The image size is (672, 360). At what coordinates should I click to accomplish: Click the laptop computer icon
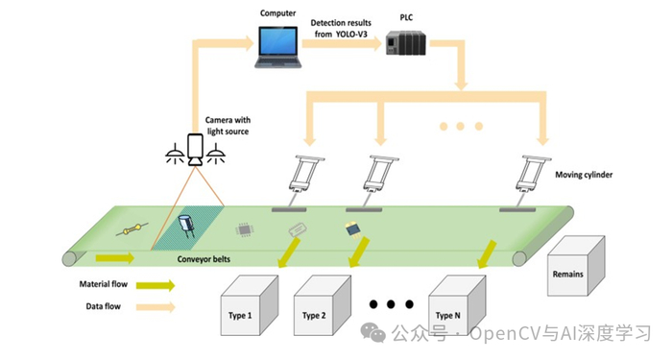point(278,47)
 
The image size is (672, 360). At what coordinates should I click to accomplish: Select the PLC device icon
point(406,43)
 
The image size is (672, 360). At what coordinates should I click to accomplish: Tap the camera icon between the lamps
point(196,149)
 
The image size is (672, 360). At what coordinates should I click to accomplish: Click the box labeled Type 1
point(250,305)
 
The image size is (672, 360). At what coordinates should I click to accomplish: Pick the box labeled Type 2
point(323,305)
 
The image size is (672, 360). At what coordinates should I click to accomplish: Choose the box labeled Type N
point(457,305)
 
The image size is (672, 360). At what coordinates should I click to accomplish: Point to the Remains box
point(576,266)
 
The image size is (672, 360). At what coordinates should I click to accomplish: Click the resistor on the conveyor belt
point(132,229)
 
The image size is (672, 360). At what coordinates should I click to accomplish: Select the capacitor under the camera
point(187,227)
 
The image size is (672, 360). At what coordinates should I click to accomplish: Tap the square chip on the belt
point(245,230)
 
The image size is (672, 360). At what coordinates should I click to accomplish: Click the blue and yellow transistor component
point(353,230)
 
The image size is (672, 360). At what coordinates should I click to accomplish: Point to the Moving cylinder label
point(584,175)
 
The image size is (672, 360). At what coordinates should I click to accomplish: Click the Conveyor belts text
point(204,259)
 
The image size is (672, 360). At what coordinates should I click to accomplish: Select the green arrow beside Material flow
point(156,285)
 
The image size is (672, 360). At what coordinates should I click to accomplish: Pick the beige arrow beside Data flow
point(156,307)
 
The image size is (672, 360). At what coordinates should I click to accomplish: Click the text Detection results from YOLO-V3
point(341,28)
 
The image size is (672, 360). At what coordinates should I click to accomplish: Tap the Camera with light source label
point(228,126)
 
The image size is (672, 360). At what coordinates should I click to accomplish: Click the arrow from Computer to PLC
point(342,44)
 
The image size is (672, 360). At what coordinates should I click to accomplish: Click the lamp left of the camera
point(176,155)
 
